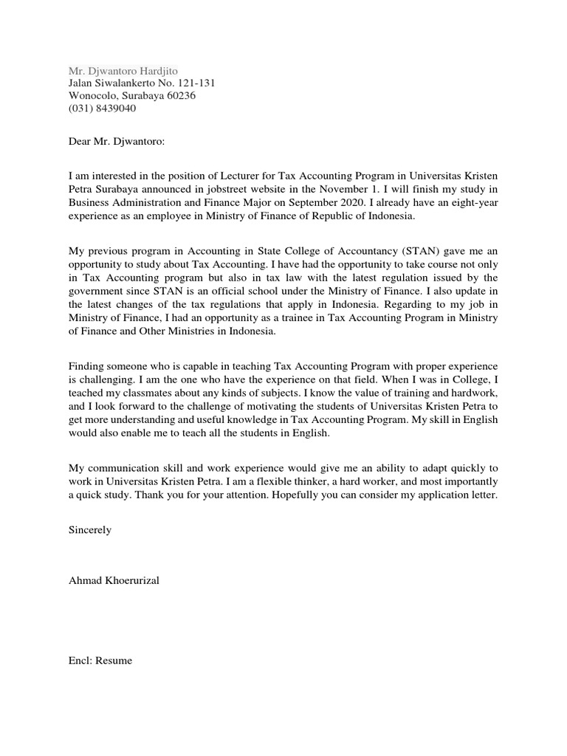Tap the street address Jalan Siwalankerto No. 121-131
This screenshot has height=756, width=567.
point(142,83)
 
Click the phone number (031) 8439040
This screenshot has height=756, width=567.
point(102,109)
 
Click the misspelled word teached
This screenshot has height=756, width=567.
point(86,392)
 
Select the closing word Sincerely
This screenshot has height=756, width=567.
point(90,530)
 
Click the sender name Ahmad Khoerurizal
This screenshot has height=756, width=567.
point(114,580)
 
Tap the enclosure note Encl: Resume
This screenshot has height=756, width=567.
point(100,661)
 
